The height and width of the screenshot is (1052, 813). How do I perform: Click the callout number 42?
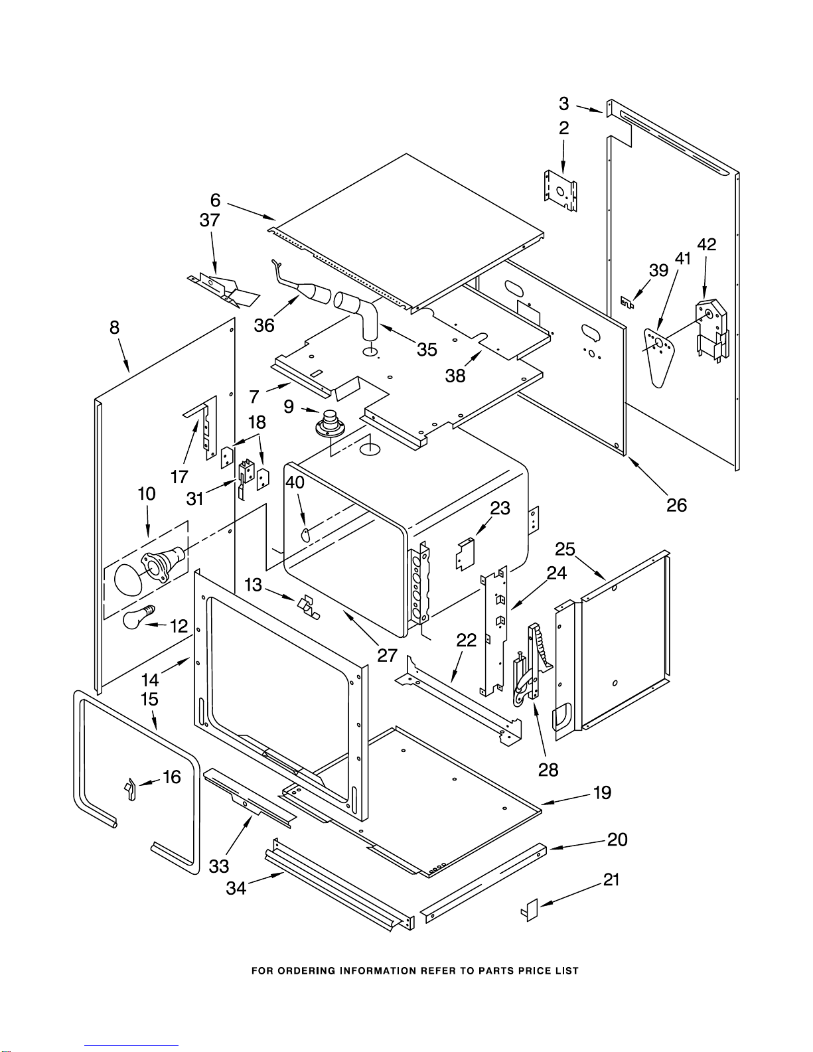coord(707,244)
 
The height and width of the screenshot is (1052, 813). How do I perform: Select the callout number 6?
coord(215,200)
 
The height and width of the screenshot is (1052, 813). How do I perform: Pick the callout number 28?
coord(548,769)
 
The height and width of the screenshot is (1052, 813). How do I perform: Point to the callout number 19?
coord(602,792)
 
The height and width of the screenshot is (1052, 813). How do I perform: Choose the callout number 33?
coord(219,865)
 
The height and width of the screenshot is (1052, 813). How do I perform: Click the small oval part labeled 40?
coord(306,534)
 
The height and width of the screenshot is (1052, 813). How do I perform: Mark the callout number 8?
coord(114,327)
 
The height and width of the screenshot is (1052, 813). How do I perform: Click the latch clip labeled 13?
coord(307,605)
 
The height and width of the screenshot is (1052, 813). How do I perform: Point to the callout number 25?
coord(565,549)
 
